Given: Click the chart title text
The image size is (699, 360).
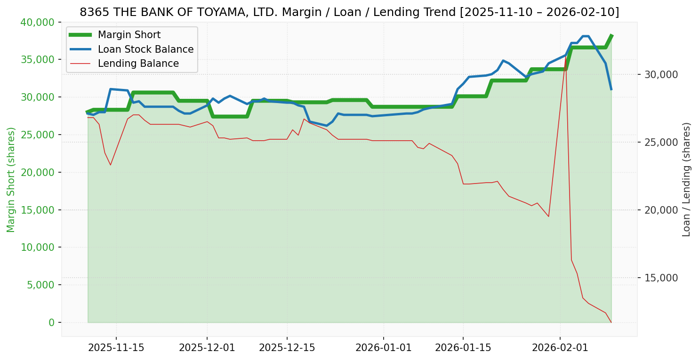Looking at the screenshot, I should click(349, 12).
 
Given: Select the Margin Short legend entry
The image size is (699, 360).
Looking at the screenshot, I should click(129, 35).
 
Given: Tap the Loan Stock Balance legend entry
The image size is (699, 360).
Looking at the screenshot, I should click(145, 49).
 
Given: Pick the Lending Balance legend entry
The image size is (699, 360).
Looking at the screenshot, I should click(138, 64).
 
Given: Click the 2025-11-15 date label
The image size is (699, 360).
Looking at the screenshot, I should click(116, 348).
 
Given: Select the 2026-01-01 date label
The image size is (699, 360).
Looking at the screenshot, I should click(383, 348).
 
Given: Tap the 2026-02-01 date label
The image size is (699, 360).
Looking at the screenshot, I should click(560, 348).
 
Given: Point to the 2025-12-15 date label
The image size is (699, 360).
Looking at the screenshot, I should click(287, 348).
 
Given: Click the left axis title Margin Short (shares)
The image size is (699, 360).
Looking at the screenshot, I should click(11, 179).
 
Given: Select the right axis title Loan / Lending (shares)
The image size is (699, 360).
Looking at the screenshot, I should click(686, 179).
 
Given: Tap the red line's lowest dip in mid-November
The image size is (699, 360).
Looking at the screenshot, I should click(111, 165).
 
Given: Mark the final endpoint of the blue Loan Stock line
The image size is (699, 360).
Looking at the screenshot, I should click(611, 89).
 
